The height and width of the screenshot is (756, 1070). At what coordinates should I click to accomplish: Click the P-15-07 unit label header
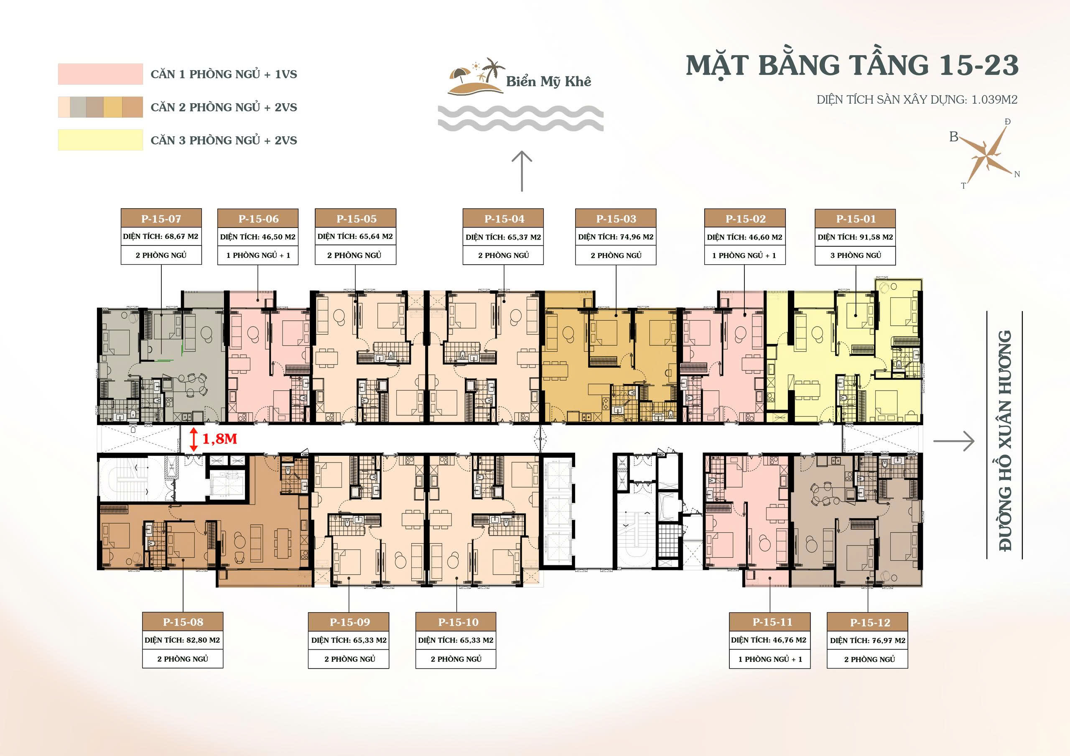pyautogui.click(x=161, y=219)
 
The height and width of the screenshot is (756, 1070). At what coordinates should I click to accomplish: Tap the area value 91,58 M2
pyautogui.click(x=876, y=237)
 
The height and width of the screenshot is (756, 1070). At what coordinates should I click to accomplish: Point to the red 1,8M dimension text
pyautogui.click(x=219, y=439)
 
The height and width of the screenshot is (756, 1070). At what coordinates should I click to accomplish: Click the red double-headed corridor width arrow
pyautogui.click(x=194, y=440)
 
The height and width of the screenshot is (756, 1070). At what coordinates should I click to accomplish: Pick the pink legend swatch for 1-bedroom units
pyautogui.click(x=100, y=74)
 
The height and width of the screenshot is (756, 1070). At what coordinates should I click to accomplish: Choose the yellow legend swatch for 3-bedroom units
pyautogui.click(x=100, y=140)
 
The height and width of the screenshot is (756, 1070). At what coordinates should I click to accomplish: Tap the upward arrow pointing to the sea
pyautogui.click(x=522, y=171)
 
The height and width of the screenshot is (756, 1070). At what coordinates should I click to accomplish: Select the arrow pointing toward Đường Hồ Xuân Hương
pyautogui.click(x=953, y=441)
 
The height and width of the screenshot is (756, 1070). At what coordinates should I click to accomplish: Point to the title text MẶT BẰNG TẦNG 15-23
pyautogui.click(x=852, y=65)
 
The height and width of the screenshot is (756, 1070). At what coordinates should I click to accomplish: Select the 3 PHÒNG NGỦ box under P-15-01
pyautogui.click(x=855, y=255)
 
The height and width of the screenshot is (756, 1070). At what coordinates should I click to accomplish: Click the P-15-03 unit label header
pyautogui.click(x=616, y=219)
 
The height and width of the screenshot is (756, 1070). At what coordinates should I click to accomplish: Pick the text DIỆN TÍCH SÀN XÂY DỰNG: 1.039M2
pyautogui.click(x=917, y=99)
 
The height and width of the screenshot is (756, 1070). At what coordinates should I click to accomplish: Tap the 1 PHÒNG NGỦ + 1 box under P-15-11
pyautogui.click(x=770, y=659)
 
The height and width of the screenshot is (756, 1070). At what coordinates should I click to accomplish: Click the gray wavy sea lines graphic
pyautogui.click(x=520, y=118)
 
